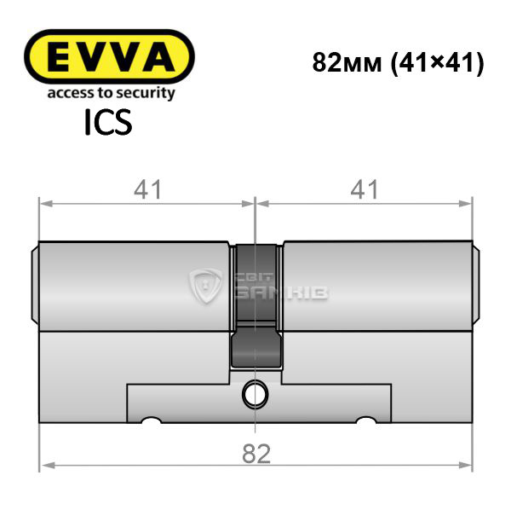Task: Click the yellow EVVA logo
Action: [x=109, y=56]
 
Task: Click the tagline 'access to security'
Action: [x=111, y=93]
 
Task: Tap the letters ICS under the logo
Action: [x=108, y=123]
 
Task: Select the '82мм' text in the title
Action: [x=347, y=62]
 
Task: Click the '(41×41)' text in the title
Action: [x=437, y=63]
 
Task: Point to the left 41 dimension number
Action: [x=147, y=190]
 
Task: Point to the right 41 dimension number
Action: [x=365, y=190]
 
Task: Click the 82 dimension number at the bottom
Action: [x=256, y=454]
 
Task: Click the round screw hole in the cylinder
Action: [x=255, y=395]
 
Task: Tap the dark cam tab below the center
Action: [x=256, y=349]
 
